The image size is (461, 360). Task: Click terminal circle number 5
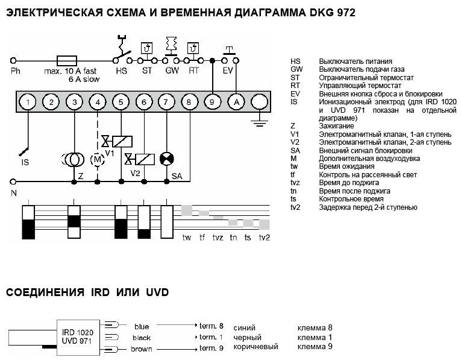(121, 103)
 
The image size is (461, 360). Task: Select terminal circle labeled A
(236, 103)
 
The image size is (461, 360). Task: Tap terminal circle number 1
(28, 103)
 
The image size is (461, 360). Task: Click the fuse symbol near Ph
(66, 60)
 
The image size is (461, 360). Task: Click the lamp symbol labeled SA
(166, 159)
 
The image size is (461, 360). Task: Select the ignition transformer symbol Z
(75, 160)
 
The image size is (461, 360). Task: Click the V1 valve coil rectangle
(122, 141)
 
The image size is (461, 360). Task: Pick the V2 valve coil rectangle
(145, 159)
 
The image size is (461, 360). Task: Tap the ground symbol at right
(259, 124)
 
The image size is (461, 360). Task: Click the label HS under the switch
(121, 71)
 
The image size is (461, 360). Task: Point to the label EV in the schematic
(228, 71)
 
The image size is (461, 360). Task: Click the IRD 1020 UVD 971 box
(78, 337)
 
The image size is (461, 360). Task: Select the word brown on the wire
(142, 349)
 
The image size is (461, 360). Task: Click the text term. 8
(212, 326)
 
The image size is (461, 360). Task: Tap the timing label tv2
(264, 238)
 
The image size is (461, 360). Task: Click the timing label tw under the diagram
(187, 238)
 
